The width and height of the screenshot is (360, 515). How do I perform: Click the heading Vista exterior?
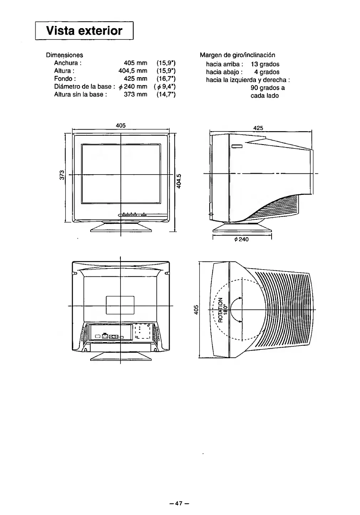click(x=84, y=31)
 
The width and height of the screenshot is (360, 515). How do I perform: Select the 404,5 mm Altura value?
click(x=133, y=71)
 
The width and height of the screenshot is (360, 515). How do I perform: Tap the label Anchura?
click(x=68, y=63)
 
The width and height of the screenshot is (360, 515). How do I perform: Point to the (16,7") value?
click(x=166, y=79)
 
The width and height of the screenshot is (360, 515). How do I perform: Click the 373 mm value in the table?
click(x=135, y=94)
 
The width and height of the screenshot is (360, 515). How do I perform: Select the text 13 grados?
click(x=265, y=64)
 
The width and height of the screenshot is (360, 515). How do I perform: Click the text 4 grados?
click(x=267, y=72)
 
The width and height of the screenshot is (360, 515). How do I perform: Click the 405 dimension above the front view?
click(x=121, y=125)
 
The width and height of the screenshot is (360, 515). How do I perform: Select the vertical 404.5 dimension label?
click(x=180, y=181)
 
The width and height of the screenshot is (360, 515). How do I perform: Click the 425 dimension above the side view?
click(x=258, y=128)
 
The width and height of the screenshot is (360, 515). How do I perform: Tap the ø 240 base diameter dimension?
click(x=242, y=239)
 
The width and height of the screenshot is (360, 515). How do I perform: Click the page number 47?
click(x=179, y=503)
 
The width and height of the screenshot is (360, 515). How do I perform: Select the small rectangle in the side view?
click(x=237, y=146)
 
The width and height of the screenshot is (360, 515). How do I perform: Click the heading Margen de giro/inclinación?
click(x=237, y=55)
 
